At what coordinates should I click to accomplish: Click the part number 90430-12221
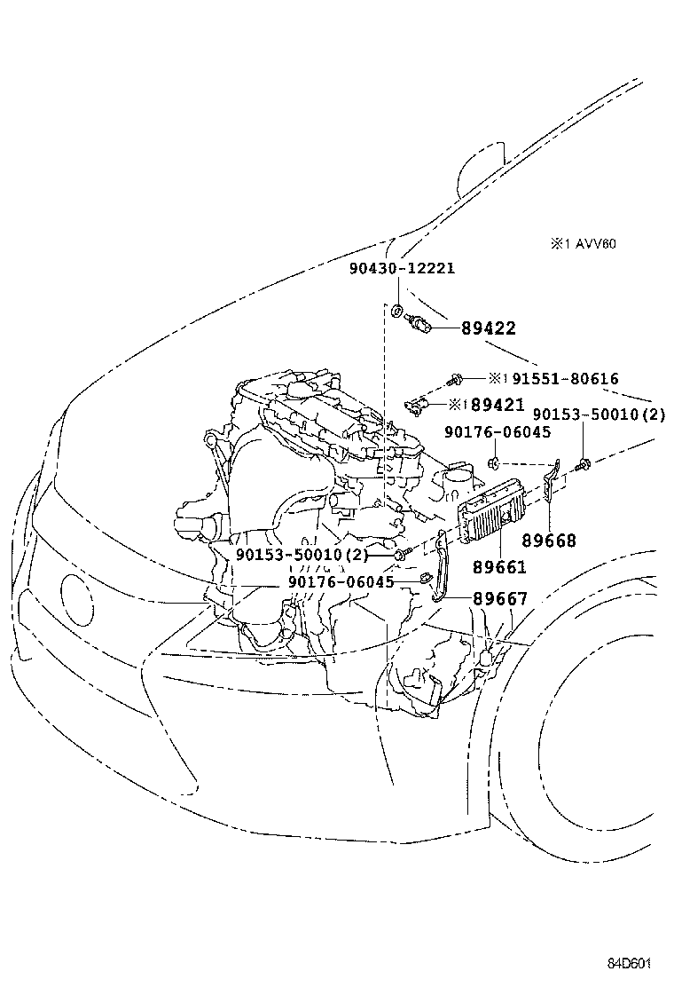pos(402,268)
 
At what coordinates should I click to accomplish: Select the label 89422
pos(488,328)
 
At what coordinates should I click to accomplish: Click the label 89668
pos(548,541)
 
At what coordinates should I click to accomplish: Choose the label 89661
pos(498,567)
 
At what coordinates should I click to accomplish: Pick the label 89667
pos(499,599)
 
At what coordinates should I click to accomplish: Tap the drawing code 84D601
pos(630,964)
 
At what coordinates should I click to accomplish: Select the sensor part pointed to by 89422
pos(420,325)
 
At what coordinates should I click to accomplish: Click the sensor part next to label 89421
pos(416,406)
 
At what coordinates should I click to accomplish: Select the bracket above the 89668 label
pos(553,481)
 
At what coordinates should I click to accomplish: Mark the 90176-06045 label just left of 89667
pos(341,582)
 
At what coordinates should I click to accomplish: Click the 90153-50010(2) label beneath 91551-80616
pos(598,415)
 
